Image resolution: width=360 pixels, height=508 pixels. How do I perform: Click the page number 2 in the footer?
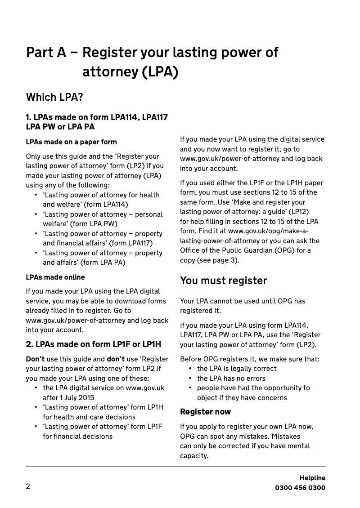coord(28,486)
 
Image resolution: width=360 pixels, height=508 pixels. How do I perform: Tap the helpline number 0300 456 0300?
coord(300,488)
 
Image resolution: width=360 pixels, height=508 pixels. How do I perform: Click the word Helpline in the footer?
coord(312,478)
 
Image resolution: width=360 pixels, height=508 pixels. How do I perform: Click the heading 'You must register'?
coord(223,281)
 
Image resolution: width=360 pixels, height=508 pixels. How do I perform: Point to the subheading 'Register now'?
coord(205,412)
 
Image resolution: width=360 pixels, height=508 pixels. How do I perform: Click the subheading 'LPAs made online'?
coord(55,277)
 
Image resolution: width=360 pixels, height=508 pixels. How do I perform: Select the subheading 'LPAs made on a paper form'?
coord(71,142)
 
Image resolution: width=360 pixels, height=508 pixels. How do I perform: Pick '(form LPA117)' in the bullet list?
coord(131,243)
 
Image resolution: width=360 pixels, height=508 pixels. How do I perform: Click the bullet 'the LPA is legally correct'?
coord(237,369)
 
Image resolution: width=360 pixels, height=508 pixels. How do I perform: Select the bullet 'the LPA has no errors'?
coord(231,379)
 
